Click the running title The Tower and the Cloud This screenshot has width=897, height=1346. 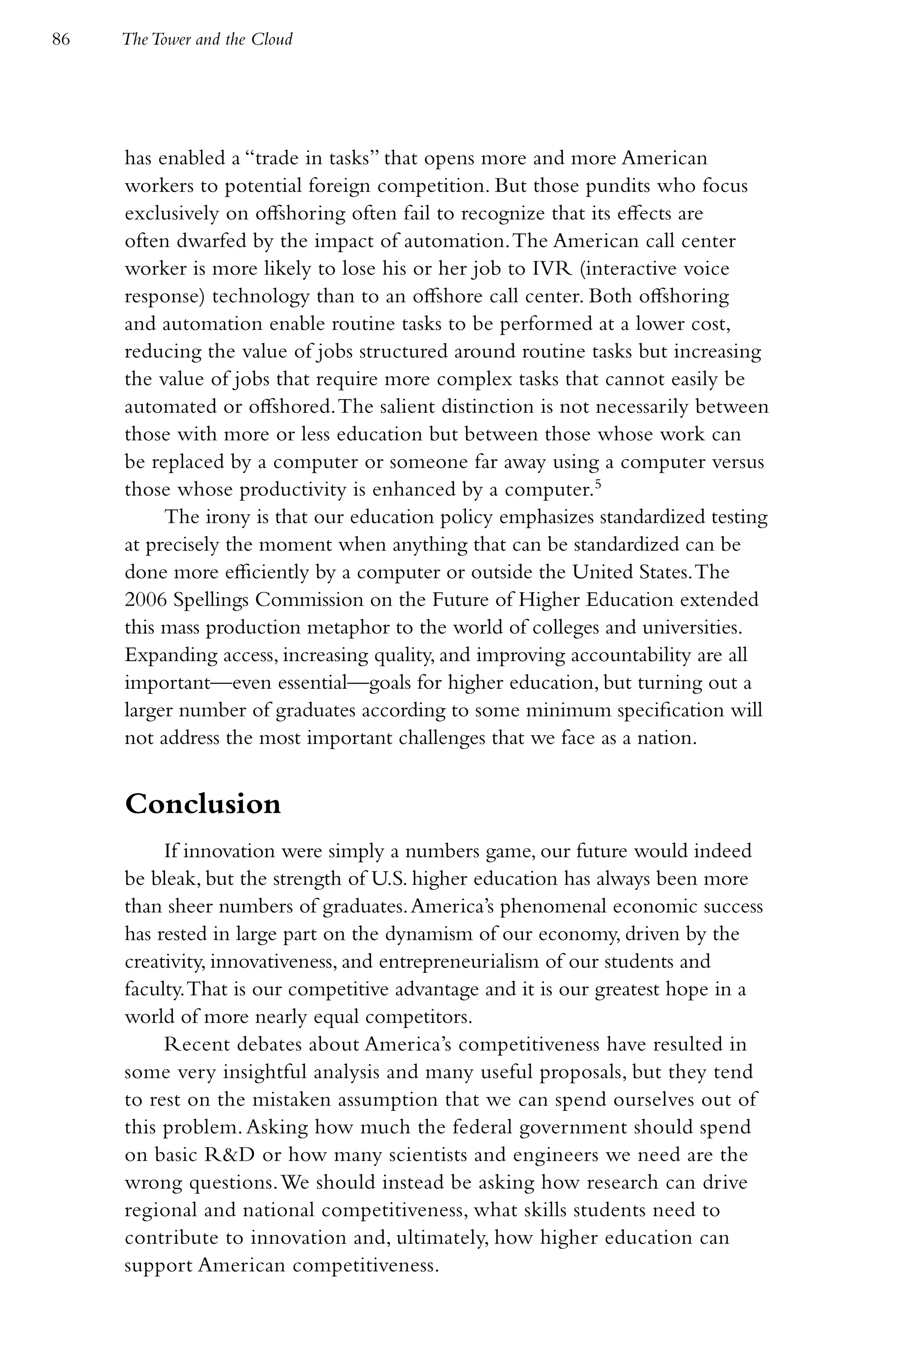(x=207, y=39)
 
